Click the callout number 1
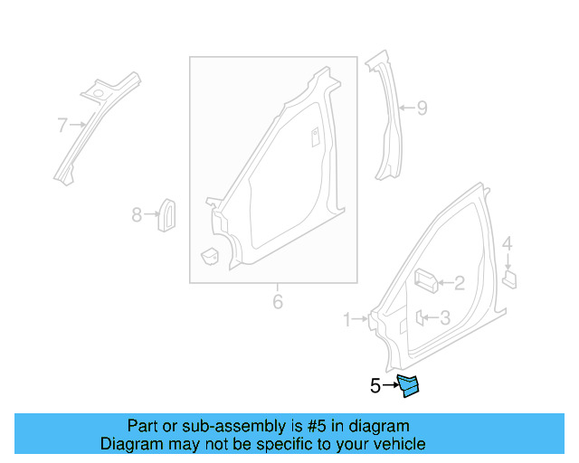[x=347, y=318]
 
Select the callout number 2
[x=460, y=283]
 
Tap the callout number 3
[x=444, y=317]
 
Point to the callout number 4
[x=508, y=243]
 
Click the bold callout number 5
[x=375, y=386]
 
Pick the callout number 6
[x=278, y=300]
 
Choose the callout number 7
[x=62, y=125]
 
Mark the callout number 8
[x=137, y=214]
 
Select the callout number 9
[x=421, y=109]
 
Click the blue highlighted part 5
[x=410, y=386]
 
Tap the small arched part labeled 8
[x=167, y=213]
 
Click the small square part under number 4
[x=509, y=276]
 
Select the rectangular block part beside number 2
[x=426, y=282]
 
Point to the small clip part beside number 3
[x=421, y=317]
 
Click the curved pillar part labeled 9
[x=386, y=118]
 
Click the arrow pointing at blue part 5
[x=391, y=386]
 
